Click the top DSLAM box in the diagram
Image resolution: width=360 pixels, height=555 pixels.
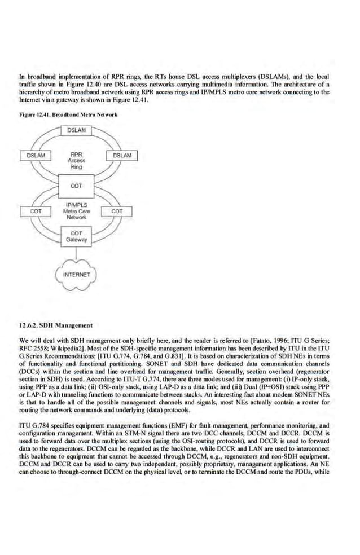point(77,131)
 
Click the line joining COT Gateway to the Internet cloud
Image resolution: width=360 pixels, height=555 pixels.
point(77,252)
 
